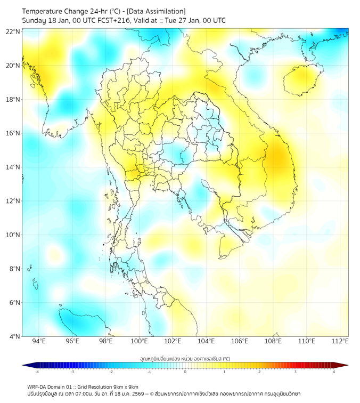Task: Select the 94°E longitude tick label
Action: click(39, 341)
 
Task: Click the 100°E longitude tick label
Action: click(140, 341)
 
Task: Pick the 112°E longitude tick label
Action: click(341, 341)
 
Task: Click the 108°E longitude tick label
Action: click(274, 341)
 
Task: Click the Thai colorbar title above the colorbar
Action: click(185, 358)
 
